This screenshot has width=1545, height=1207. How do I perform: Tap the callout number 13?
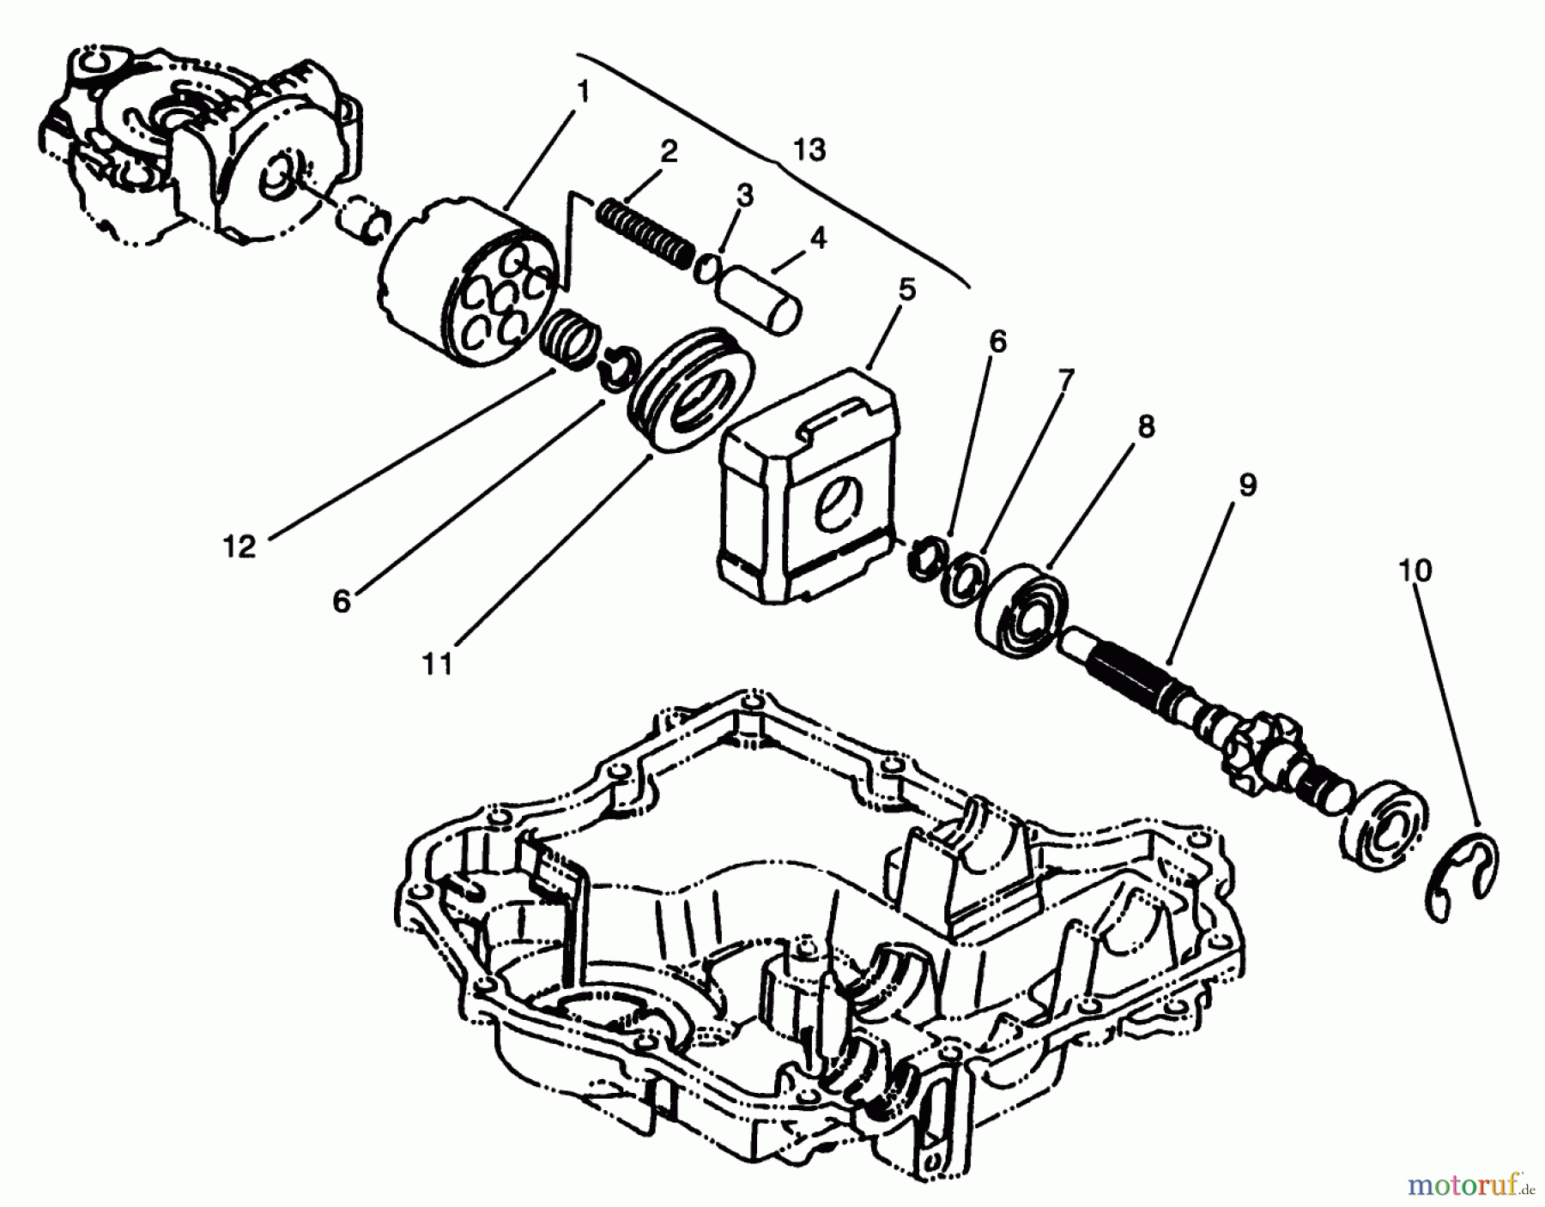(x=809, y=150)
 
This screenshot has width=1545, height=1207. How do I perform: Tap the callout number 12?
(x=240, y=546)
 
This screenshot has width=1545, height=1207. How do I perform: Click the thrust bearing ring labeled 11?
(x=691, y=390)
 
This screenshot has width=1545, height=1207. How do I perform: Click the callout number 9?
(x=1246, y=485)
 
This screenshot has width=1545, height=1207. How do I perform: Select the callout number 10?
(x=1415, y=570)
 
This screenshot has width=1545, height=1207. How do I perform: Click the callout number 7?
(x=1065, y=379)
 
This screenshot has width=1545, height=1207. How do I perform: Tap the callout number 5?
(x=906, y=290)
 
